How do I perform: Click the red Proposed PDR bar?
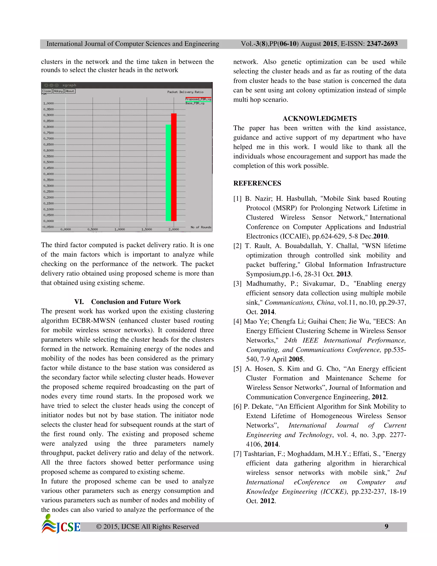tap(174, 167)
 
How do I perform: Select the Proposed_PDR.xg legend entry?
tap(198, 99)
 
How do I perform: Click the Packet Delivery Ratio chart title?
tap(185, 92)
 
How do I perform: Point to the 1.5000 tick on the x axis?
tap(147, 229)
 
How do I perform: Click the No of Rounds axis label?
tap(201, 227)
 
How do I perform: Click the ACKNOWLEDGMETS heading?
tap(319, 119)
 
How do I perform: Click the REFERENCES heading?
tap(257, 183)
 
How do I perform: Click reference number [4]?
tap(237, 322)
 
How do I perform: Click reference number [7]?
tap(237, 454)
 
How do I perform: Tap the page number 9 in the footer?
tap(386, 526)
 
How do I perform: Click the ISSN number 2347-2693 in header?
tap(382, 44)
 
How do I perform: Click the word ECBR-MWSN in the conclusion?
tap(93, 321)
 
